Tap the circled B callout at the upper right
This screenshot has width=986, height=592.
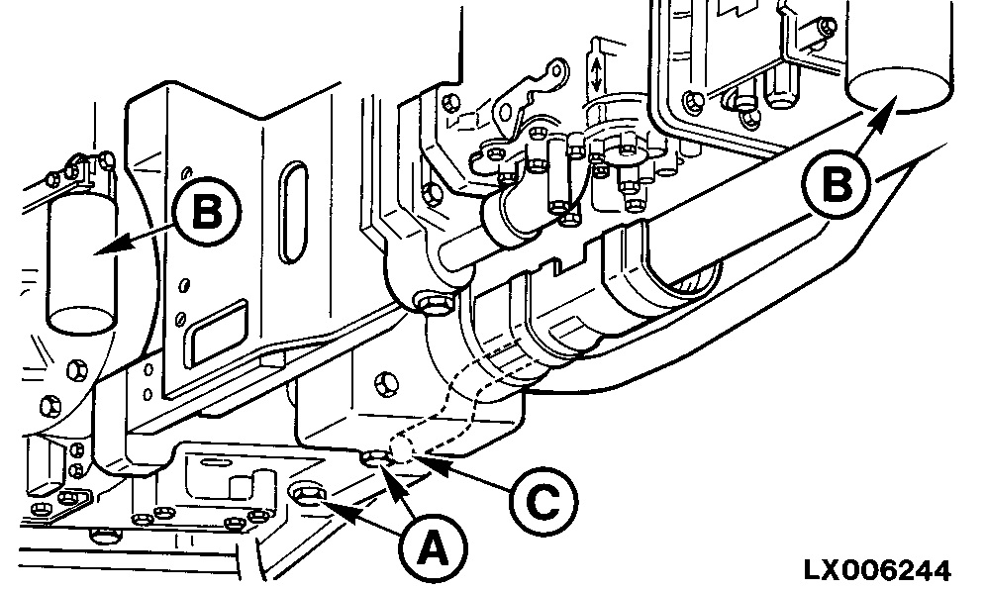pos(838,183)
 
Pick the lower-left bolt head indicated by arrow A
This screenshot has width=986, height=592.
pos(306,492)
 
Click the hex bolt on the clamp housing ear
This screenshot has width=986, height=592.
pos(429,302)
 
